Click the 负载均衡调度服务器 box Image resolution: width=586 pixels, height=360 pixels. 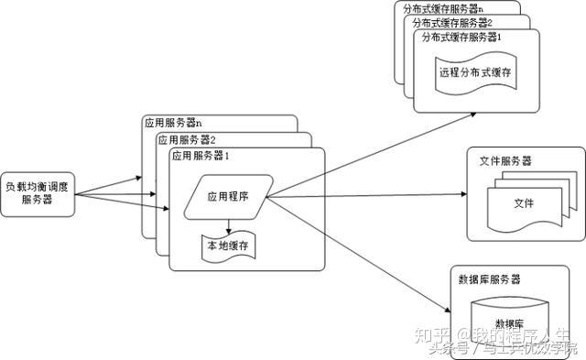tap(37, 192)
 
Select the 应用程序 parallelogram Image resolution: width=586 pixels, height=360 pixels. tap(228, 195)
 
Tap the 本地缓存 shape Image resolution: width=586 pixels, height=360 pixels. tap(228, 245)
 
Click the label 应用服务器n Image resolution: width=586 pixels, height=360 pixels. tap(174, 123)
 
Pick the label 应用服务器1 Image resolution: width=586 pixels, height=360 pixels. tap(200, 156)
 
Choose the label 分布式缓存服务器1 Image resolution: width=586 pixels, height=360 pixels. tap(462, 37)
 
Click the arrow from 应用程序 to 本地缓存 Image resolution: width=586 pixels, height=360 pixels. tap(228, 223)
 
